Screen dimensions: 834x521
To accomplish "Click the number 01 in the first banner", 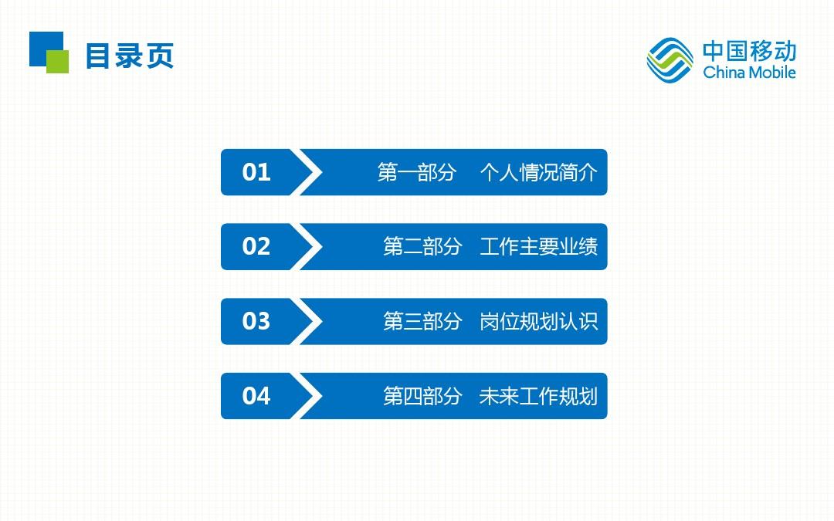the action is [256, 172].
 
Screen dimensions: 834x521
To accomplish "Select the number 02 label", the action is [256, 247].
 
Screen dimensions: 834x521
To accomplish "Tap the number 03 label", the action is [256, 321].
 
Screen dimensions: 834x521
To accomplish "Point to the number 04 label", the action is [256, 396].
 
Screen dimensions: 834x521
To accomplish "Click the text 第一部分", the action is [417, 172].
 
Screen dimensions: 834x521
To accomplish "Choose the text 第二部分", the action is [423, 247].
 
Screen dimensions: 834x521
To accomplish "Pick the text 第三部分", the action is [423, 321].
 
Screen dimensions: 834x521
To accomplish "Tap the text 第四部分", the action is [423, 396].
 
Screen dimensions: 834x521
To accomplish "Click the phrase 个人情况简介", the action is [539, 172].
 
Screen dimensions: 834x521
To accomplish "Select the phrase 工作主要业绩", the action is [539, 247].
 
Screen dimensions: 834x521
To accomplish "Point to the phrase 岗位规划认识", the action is [539, 321].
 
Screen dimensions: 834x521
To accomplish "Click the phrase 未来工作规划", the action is [539, 396].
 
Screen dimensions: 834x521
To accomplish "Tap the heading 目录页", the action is [130, 56].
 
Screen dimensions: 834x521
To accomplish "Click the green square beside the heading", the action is [58, 62].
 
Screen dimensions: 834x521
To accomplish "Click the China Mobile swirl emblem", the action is [670, 60].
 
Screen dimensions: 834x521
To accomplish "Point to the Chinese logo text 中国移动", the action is [749, 51].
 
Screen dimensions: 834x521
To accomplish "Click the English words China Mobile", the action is [749, 73].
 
